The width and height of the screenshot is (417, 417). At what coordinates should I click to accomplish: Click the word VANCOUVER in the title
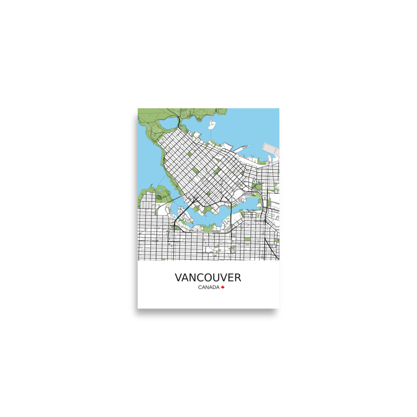(208, 278)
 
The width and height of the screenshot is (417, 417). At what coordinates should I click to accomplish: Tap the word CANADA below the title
(208, 287)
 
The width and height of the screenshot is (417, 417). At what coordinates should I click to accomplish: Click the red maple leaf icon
(223, 287)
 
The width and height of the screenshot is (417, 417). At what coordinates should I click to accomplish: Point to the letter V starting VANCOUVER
(178, 278)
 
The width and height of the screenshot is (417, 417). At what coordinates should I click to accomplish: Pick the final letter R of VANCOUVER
(237, 278)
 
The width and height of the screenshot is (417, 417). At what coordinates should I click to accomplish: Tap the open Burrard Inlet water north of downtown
(250, 125)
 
